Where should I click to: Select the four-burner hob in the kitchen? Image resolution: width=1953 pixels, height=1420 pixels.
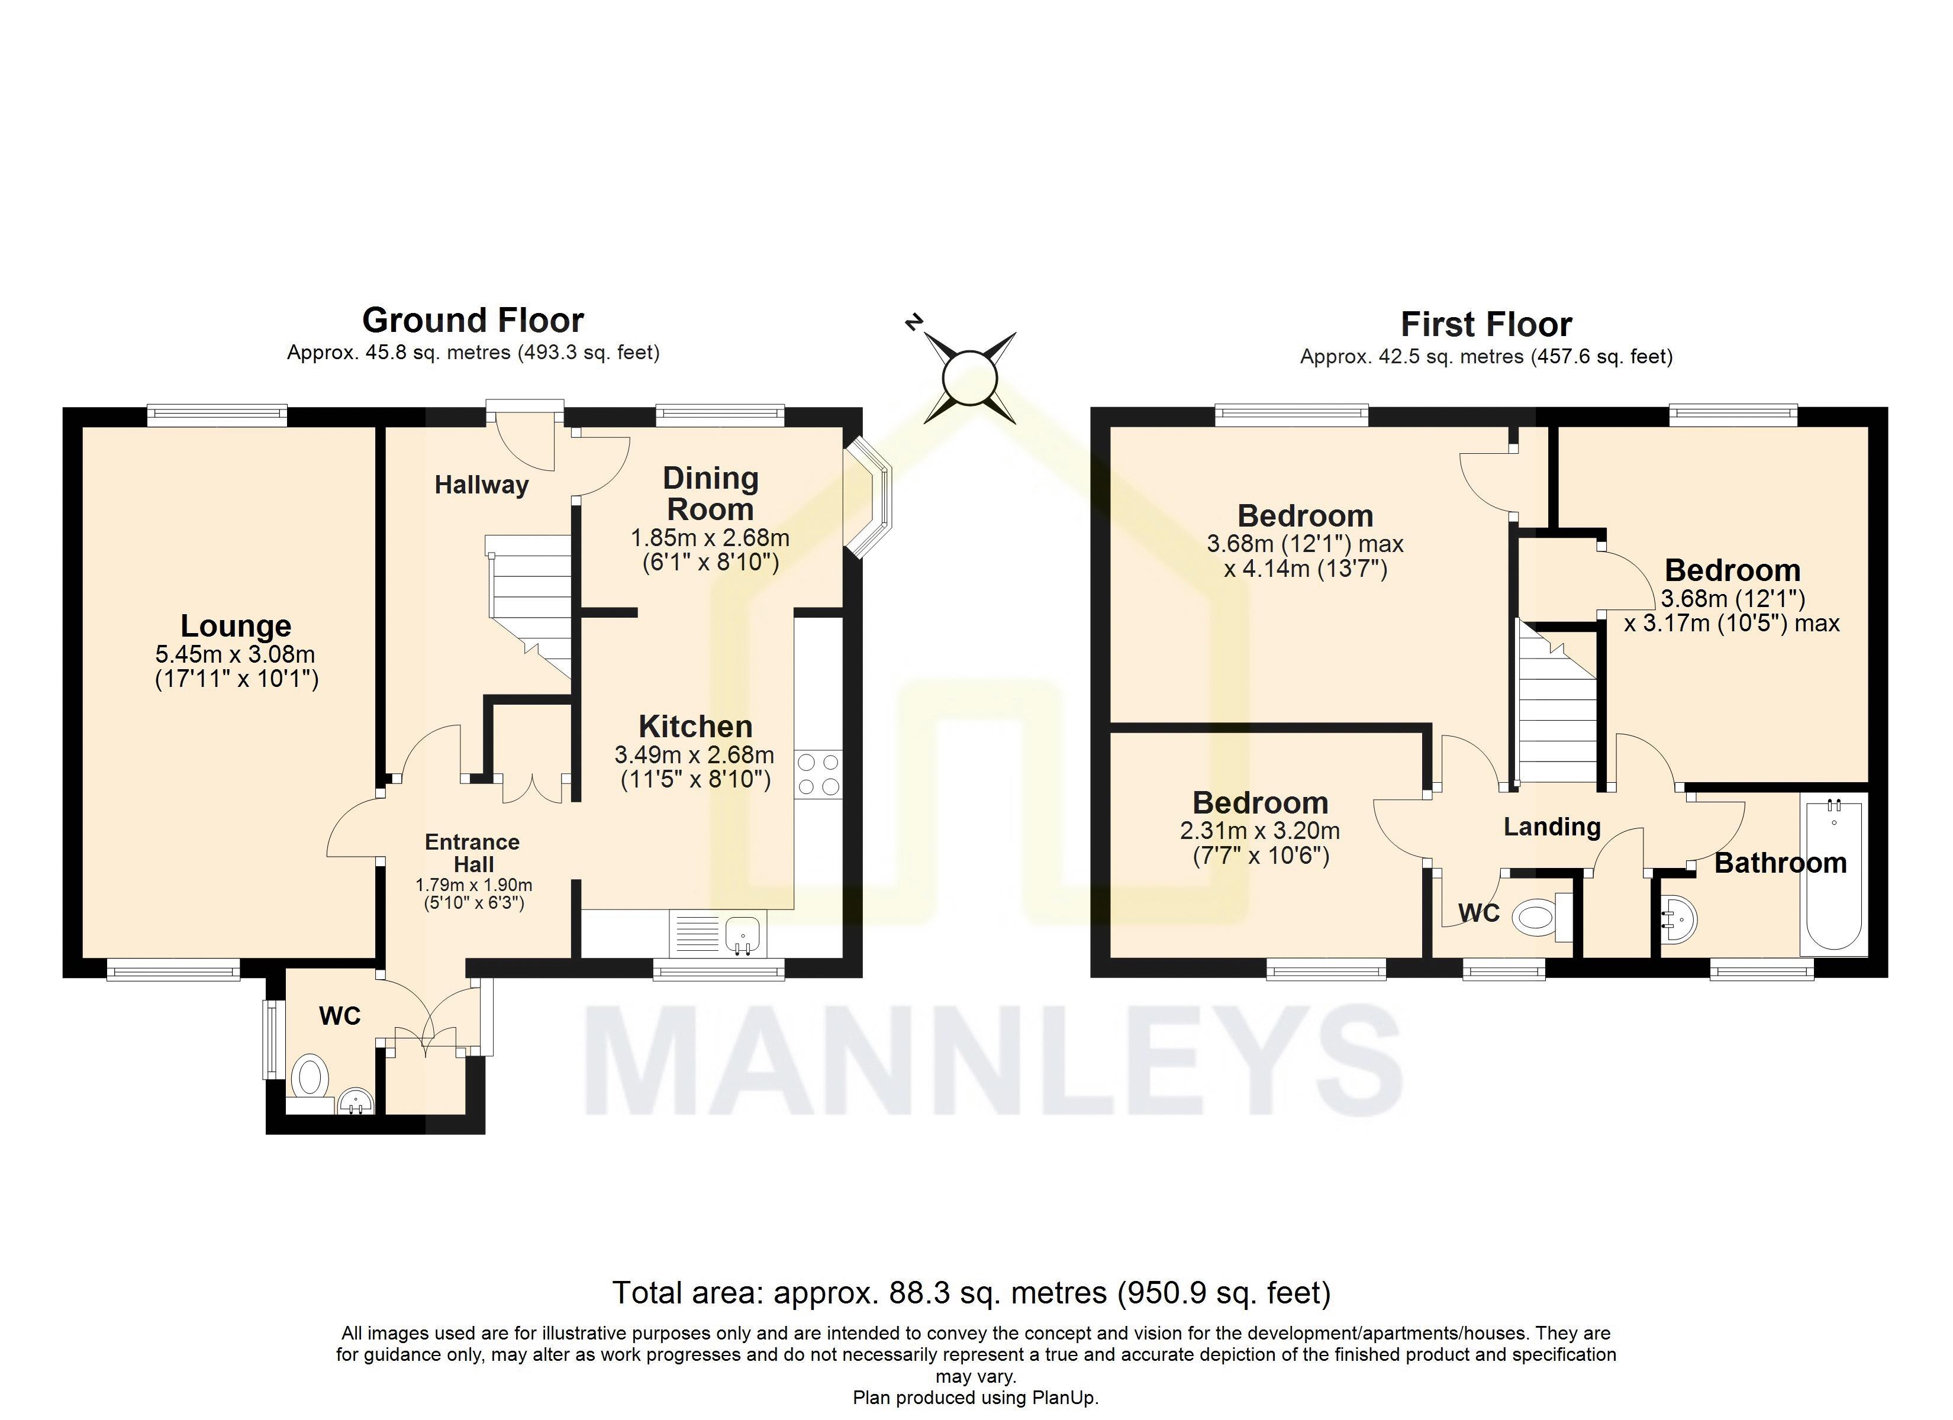coord(818,774)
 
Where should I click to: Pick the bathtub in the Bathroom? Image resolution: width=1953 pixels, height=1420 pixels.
coord(1833,873)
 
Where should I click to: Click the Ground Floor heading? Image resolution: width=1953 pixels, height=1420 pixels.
coord(473,320)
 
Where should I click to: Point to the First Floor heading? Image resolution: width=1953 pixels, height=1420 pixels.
coord(1486,325)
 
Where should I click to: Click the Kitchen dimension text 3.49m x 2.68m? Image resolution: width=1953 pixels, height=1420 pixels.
coord(694,755)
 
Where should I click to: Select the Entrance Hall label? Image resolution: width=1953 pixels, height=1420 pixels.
coord(473,853)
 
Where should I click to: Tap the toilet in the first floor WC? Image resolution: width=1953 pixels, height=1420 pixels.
coord(1538,916)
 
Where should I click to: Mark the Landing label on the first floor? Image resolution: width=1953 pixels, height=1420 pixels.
coord(1552,827)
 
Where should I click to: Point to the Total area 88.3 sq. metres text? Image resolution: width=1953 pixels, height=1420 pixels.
coord(971,1293)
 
